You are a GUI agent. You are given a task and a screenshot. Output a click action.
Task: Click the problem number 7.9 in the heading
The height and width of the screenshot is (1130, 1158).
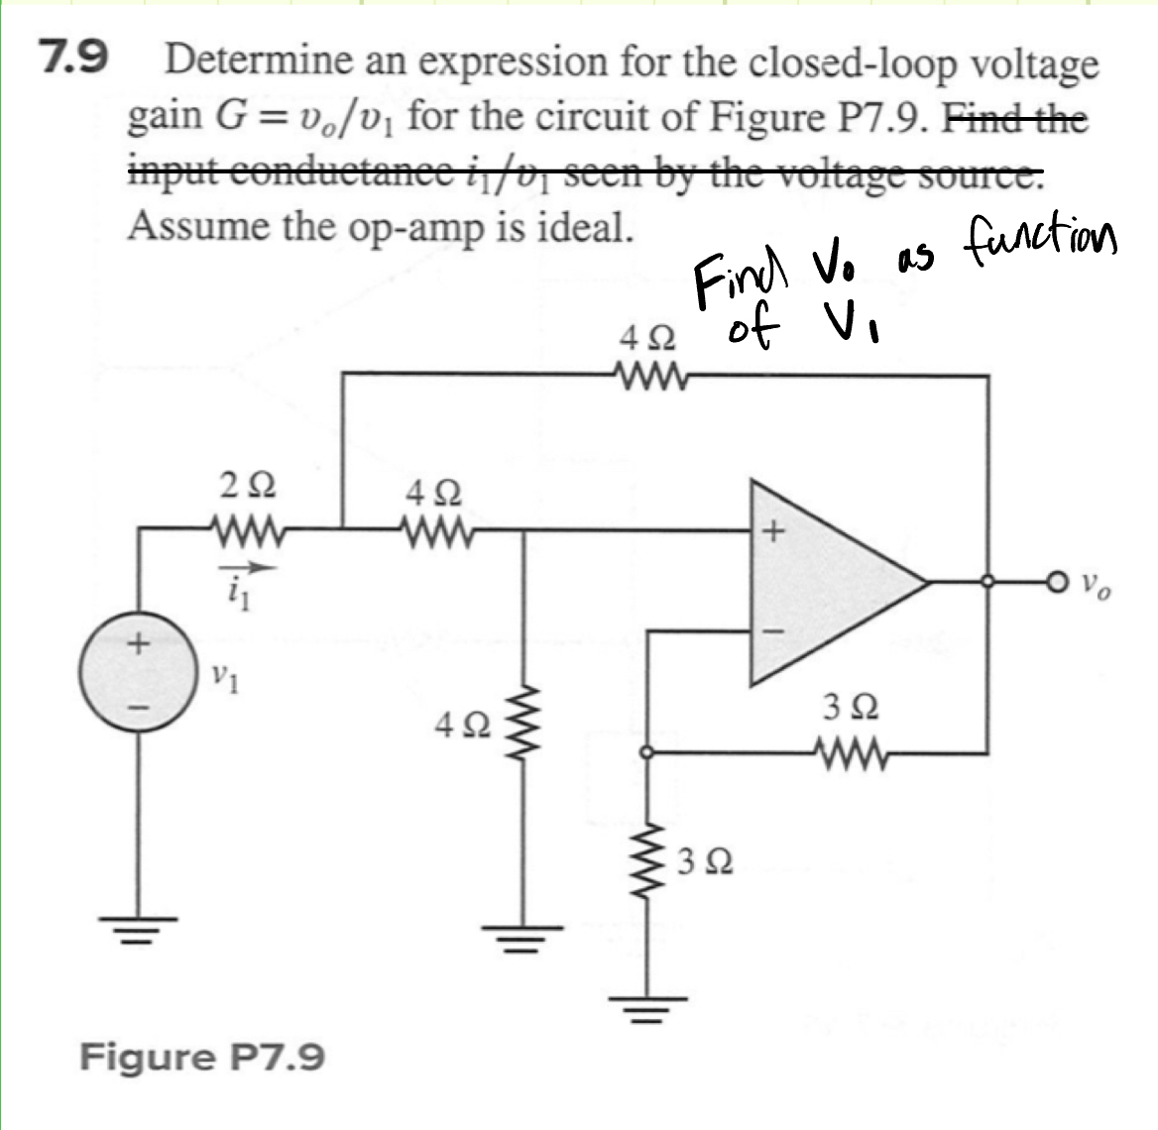point(72,59)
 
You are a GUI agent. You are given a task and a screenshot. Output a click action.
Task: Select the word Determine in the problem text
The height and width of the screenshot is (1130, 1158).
point(259,63)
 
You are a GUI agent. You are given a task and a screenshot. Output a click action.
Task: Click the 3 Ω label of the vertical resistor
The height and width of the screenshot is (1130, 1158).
point(706,861)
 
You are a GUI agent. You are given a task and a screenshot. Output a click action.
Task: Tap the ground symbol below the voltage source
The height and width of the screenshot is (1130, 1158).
point(137,930)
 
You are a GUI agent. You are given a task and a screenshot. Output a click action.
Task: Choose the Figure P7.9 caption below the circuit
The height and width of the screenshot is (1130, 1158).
point(201,1058)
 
